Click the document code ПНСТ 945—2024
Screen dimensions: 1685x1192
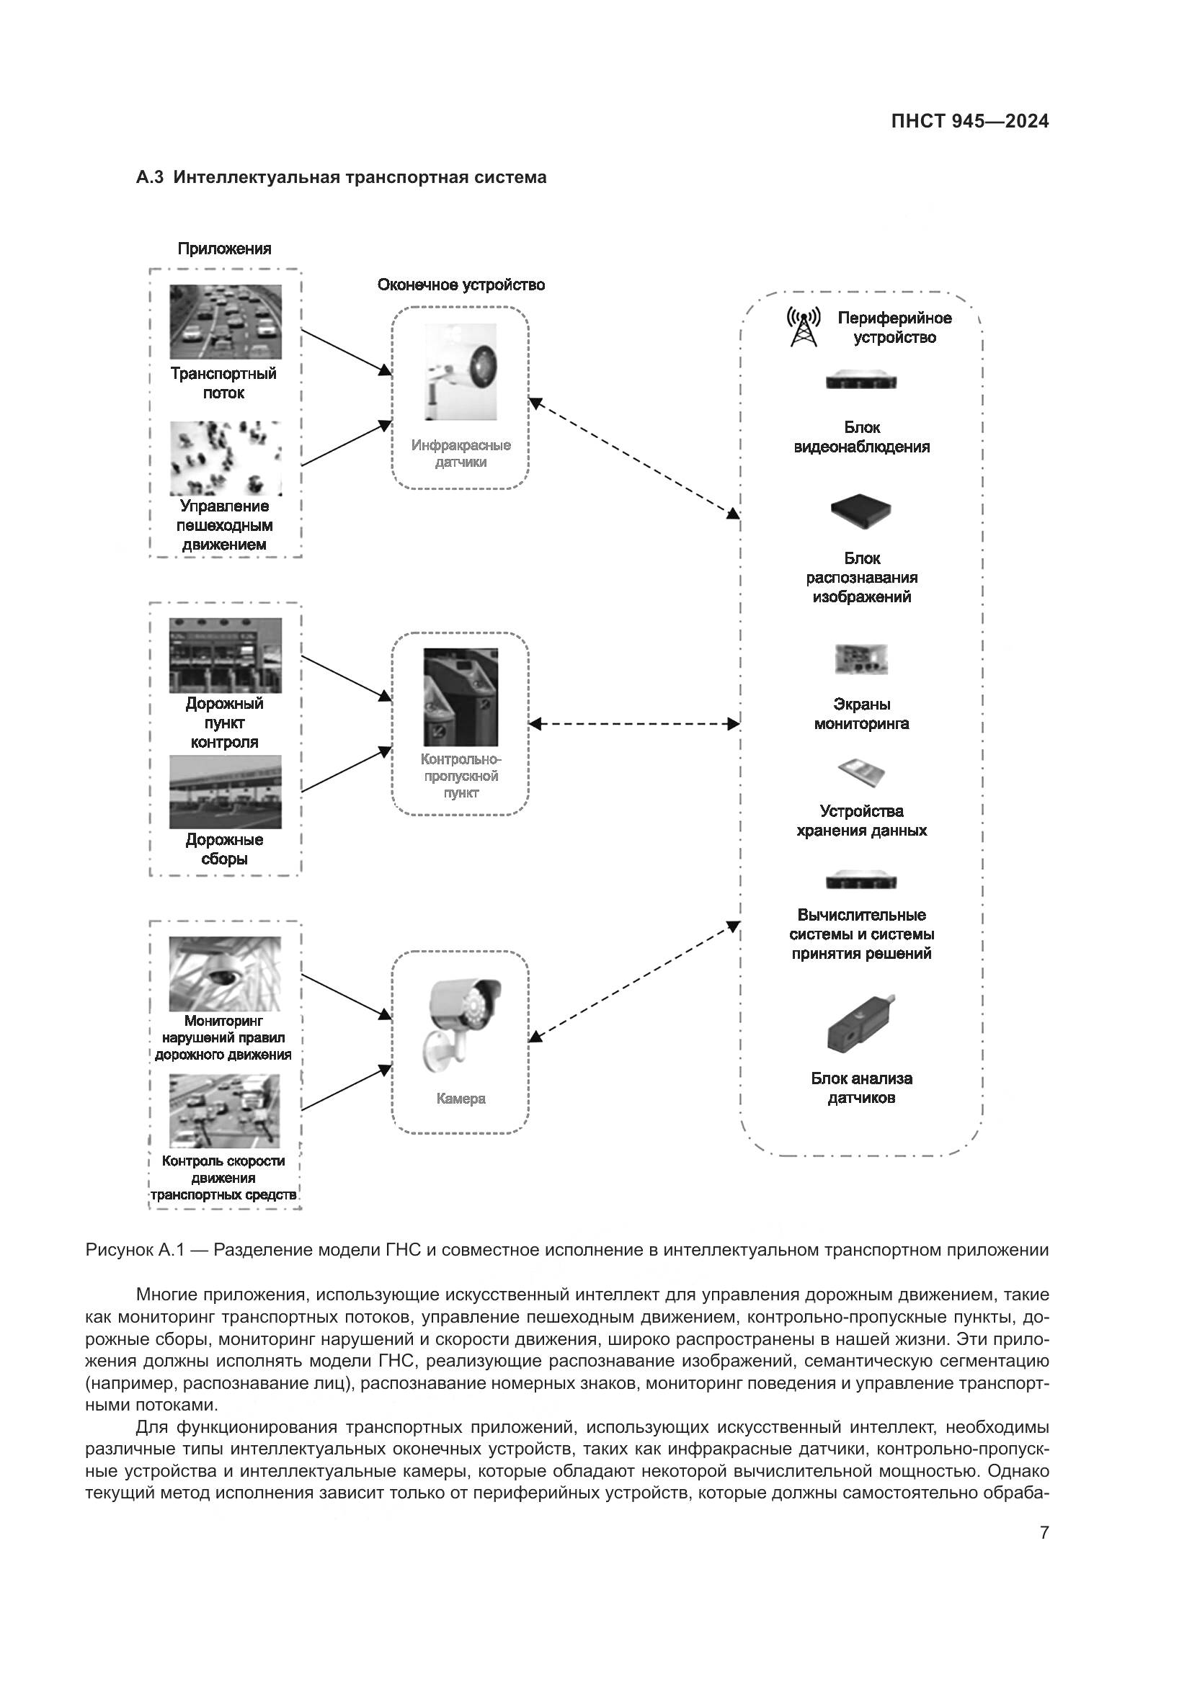click(x=969, y=122)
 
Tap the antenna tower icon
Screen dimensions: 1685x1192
click(x=803, y=327)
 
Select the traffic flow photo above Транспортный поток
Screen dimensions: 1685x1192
click(x=226, y=321)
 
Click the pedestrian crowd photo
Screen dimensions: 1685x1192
click(x=226, y=457)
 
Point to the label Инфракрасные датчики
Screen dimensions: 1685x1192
click(x=461, y=454)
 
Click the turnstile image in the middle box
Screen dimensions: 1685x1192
click(x=461, y=697)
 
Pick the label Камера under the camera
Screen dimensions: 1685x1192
click(x=461, y=1099)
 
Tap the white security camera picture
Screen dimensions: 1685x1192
click(x=461, y=1019)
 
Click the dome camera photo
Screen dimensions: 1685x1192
click(x=225, y=973)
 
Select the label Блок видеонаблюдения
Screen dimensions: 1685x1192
click(x=861, y=437)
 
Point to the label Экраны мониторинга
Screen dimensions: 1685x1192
click(x=861, y=713)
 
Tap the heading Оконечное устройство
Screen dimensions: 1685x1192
click(x=461, y=285)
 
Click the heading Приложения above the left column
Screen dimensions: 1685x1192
click(x=224, y=249)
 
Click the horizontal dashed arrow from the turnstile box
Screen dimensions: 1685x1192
click(x=633, y=724)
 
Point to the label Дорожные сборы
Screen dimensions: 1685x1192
click(x=224, y=849)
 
